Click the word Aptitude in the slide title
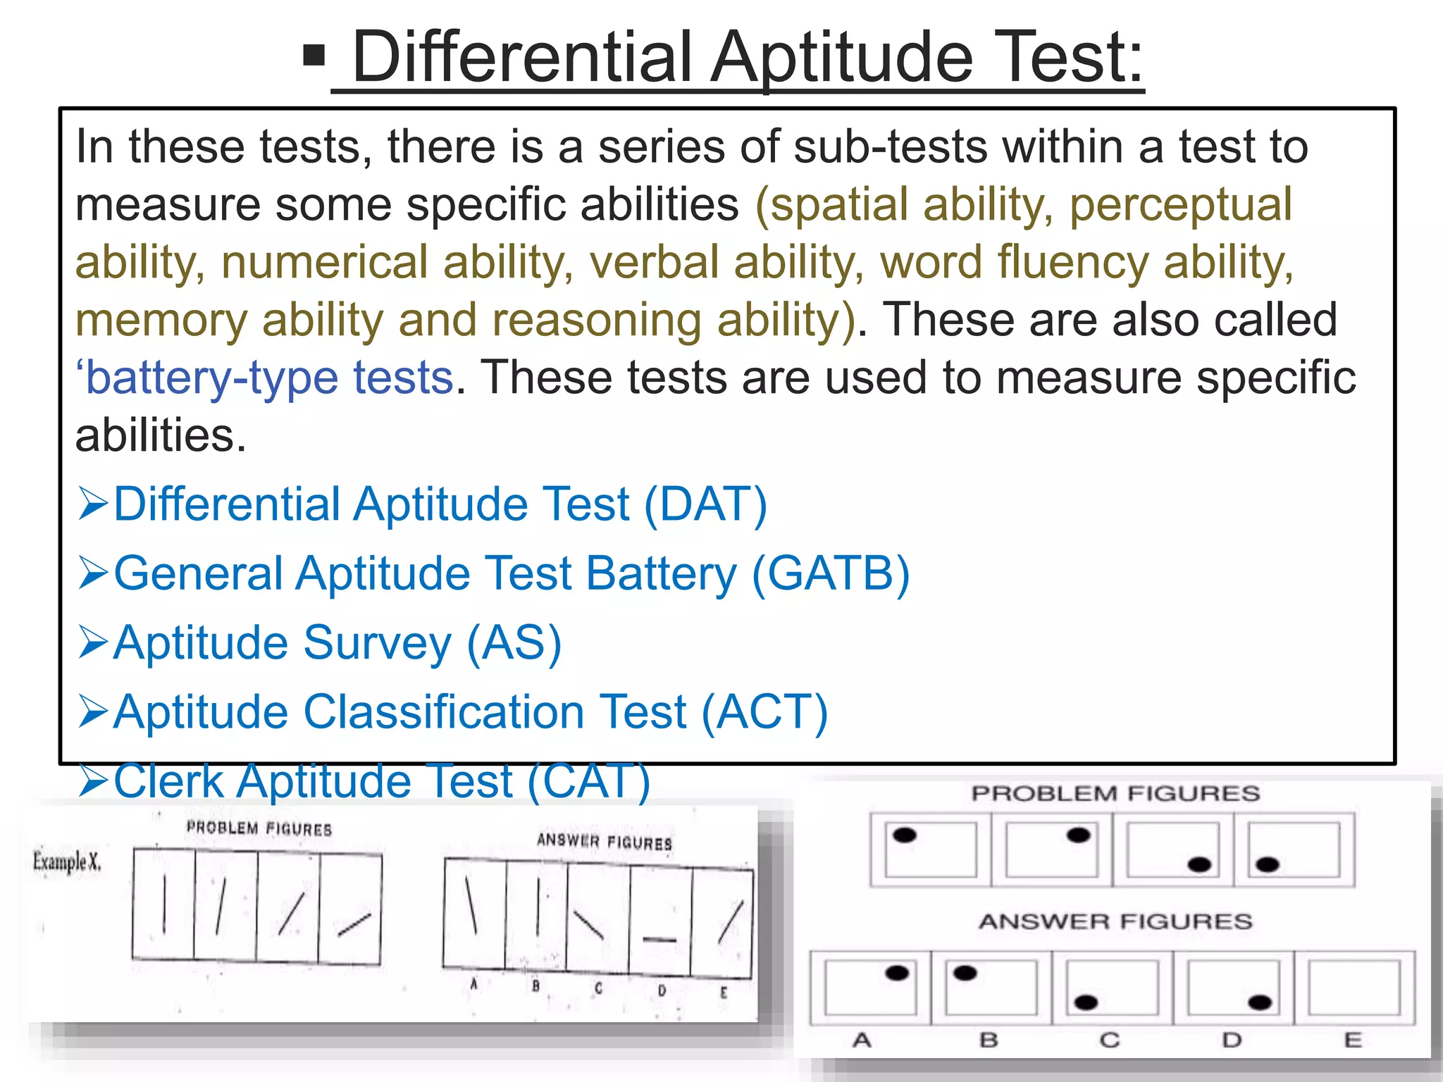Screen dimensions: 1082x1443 842,58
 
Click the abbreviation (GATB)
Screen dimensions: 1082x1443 831,573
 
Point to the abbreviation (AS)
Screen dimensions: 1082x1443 514,643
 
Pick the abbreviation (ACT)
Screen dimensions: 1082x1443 764,712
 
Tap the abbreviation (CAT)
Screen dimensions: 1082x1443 588,781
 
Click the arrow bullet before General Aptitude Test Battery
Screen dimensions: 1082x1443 93,573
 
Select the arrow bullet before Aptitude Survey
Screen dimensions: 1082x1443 93,642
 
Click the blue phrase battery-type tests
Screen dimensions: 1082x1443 268,378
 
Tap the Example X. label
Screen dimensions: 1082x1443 67,861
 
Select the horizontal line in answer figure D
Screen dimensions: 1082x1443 659,939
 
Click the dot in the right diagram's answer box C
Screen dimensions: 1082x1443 1086,1002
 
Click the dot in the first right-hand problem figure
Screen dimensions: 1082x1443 904,835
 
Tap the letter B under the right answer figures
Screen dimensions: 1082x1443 989,1040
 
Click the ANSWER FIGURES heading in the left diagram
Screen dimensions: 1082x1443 605,841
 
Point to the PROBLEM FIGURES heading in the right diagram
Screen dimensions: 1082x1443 1115,793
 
